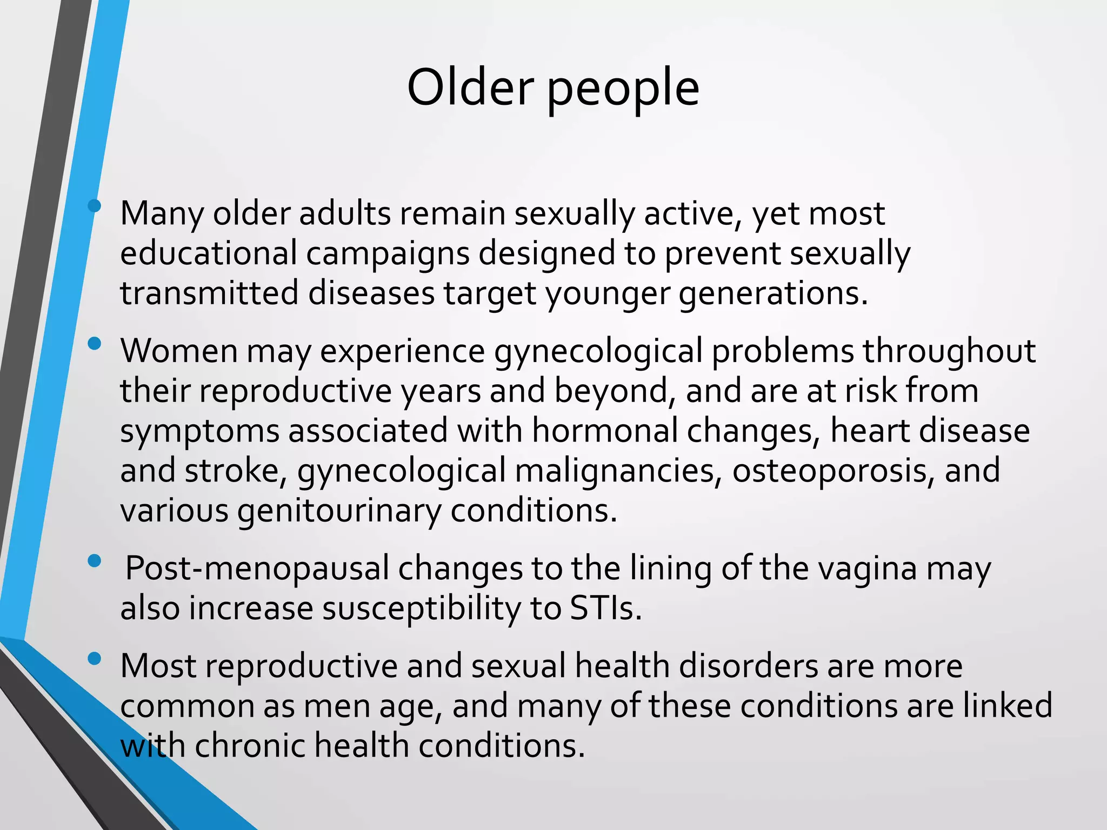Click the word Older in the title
point(470,88)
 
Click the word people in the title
point(623,89)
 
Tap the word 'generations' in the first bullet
point(773,295)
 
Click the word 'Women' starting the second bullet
point(179,351)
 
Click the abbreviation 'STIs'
point(605,609)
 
